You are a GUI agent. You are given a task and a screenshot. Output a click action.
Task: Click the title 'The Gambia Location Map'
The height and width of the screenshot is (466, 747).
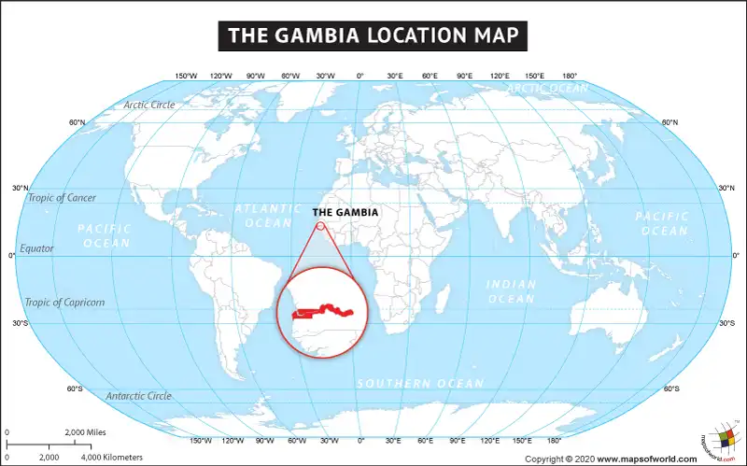(373, 36)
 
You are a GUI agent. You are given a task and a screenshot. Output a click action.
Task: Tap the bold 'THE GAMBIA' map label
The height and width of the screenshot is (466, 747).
(345, 213)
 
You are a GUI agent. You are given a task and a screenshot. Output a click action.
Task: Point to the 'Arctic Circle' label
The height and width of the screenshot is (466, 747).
(149, 105)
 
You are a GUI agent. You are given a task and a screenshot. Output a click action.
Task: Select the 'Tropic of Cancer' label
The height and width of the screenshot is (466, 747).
(62, 198)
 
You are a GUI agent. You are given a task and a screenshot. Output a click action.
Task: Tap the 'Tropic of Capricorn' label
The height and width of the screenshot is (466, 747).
(65, 303)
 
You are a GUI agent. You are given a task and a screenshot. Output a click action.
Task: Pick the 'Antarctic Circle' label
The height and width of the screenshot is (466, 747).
(138, 396)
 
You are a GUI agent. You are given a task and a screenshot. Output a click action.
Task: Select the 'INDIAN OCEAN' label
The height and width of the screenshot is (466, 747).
(511, 291)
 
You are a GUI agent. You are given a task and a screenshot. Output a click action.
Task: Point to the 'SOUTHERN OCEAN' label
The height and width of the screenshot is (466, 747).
(420, 384)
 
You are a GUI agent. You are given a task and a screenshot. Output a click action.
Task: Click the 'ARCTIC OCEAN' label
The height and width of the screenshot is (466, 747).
(548, 89)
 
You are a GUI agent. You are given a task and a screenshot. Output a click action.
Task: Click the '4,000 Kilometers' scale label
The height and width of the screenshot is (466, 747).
(111, 458)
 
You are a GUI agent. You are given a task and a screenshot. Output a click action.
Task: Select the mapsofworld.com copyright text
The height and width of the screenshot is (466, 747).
(611, 459)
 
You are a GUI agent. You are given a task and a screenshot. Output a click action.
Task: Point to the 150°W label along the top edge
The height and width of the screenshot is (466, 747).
(186, 76)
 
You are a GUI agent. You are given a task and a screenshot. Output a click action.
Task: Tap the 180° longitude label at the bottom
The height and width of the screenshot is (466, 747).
(554, 440)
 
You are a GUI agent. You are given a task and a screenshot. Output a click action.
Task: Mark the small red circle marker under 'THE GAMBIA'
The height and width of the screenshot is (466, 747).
(320, 225)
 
